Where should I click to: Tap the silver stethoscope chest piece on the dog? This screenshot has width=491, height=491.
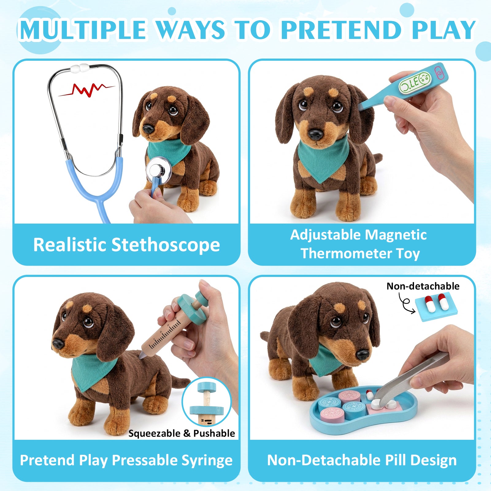tap(159, 170)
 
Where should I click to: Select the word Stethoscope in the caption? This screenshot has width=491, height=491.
tap(166, 245)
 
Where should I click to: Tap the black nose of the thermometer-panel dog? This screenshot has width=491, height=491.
tap(316, 134)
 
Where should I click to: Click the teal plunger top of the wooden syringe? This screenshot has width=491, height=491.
tap(192, 307)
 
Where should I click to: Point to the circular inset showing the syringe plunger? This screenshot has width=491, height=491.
tap(206, 402)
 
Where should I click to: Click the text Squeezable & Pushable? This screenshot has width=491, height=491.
tap(182, 433)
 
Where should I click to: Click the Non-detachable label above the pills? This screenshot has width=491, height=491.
tap(423, 286)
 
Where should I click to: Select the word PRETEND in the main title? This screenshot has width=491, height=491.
tap(341, 30)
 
